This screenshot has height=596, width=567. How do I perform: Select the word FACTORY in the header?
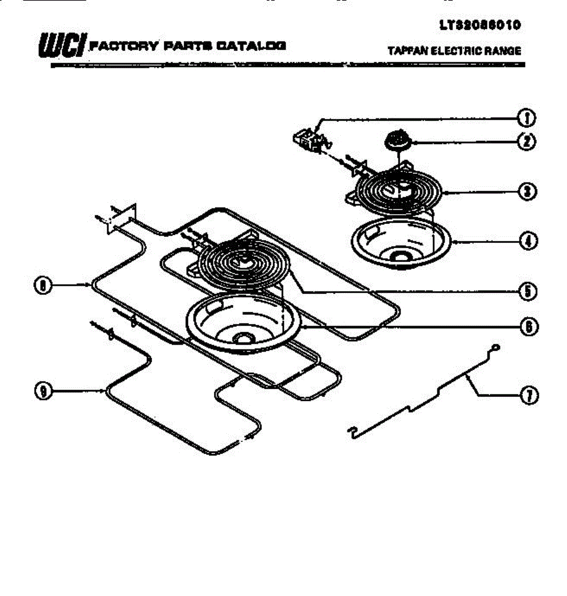coord(122,46)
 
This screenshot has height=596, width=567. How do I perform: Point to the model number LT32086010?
coord(480,25)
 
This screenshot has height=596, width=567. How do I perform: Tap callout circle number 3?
coord(527,192)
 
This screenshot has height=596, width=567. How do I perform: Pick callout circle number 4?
coord(527,241)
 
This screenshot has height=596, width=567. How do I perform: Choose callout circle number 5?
coord(527,291)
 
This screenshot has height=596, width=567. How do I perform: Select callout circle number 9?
coord(44,391)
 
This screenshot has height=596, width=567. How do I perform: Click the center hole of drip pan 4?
coord(399,256)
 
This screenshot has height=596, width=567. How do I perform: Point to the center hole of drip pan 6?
coord(243,339)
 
